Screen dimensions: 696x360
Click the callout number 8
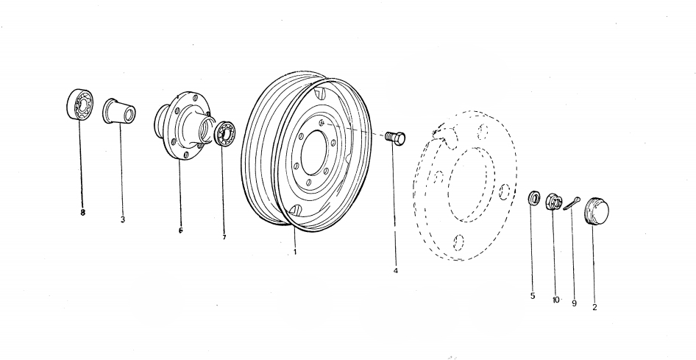click(82, 213)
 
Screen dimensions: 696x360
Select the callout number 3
click(123, 219)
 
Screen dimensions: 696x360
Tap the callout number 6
click(181, 230)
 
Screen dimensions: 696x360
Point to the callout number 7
click(224, 237)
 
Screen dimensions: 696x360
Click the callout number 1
click(295, 252)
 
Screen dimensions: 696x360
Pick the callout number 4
click(396, 270)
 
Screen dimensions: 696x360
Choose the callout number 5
click(533, 296)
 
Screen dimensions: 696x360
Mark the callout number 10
click(556, 300)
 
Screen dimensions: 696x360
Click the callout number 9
click(575, 303)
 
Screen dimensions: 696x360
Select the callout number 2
click(594, 307)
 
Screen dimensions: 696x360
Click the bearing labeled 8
click(80, 105)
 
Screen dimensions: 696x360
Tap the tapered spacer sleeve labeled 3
click(119, 111)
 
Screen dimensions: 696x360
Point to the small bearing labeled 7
click(224, 133)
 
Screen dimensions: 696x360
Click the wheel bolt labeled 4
click(395, 138)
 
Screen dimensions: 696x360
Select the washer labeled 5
click(534, 198)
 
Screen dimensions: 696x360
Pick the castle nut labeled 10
click(553, 202)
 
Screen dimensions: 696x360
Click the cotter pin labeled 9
click(572, 203)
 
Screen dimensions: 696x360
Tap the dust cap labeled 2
click(597, 211)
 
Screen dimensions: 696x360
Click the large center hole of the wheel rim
click(314, 152)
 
